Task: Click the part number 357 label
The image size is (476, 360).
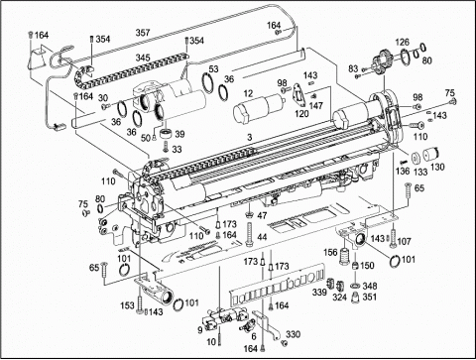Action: [x=143, y=33]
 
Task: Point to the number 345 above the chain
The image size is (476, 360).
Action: [x=143, y=58]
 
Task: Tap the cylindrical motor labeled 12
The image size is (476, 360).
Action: [x=260, y=107]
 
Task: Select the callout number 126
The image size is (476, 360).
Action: [x=402, y=42]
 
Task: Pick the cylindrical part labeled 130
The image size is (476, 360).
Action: [x=431, y=154]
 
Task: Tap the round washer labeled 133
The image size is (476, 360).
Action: [x=415, y=158]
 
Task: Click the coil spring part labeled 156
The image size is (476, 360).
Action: [x=345, y=256]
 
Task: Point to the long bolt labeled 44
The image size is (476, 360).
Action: [x=249, y=234]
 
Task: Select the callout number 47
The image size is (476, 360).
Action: [x=262, y=216]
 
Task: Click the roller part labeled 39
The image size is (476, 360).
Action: [x=167, y=134]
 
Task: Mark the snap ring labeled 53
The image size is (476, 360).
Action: [x=208, y=84]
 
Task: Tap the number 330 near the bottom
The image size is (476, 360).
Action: [x=294, y=334]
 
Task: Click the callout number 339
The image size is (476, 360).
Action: [x=319, y=293]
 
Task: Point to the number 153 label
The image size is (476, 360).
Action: [x=127, y=305]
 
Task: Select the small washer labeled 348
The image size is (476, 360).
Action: [x=356, y=286]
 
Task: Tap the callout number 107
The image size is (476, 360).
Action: [x=404, y=242]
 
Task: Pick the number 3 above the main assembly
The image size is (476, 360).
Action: [x=250, y=137]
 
